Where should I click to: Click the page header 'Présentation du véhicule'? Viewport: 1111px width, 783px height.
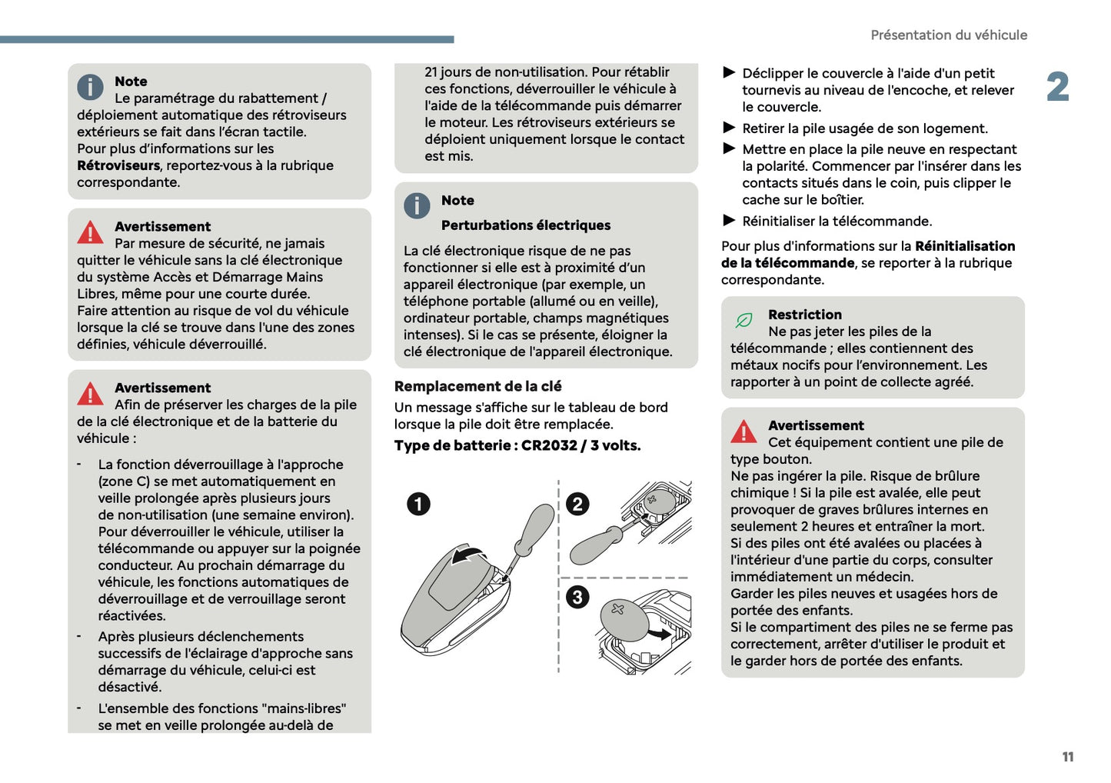948,35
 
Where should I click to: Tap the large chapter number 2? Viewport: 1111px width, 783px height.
1057,87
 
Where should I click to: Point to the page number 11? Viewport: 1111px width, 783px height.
1067,757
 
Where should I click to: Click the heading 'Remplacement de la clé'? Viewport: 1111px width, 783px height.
477,386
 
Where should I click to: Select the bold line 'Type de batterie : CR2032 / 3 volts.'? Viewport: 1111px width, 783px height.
517,445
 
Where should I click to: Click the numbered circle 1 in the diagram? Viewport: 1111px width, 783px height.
418,505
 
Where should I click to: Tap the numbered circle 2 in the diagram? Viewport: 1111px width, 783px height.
577,504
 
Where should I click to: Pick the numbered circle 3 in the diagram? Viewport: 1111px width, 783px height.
577,597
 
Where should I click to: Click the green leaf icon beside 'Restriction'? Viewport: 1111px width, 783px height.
743,320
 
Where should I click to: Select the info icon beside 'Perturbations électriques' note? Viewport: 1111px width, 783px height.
417,205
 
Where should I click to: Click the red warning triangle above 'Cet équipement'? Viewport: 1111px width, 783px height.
743,432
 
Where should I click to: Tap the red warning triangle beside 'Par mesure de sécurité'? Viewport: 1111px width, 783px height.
90,232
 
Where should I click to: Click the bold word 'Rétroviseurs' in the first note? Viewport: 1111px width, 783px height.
118,165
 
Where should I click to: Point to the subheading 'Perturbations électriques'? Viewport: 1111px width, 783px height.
526,225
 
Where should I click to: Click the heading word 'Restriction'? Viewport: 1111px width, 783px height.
804,315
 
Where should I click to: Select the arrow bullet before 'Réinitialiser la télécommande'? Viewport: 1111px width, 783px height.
729,221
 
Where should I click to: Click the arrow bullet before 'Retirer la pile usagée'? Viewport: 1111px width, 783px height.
729,128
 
